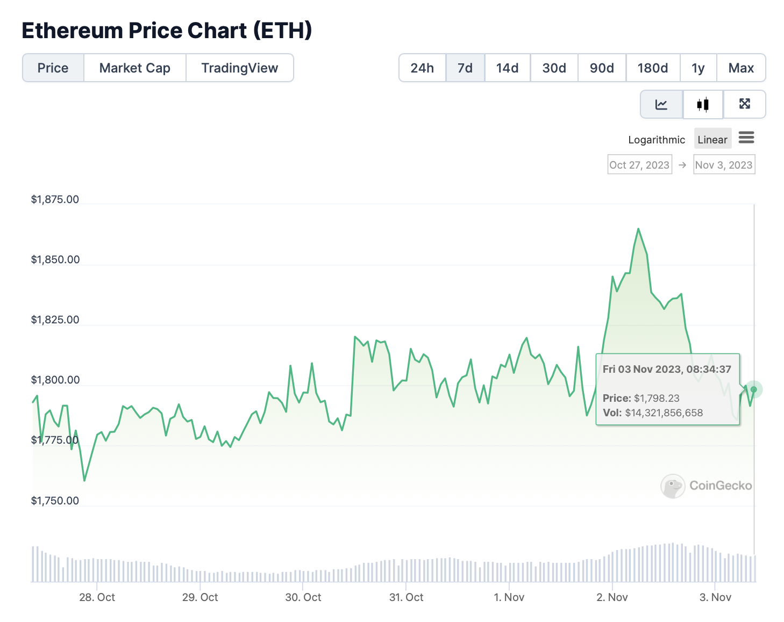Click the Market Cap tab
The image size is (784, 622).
pyautogui.click(x=134, y=68)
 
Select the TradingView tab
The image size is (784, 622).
pyautogui.click(x=240, y=68)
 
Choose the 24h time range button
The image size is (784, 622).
pyautogui.click(x=422, y=68)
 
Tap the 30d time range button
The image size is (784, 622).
pyautogui.click(x=554, y=68)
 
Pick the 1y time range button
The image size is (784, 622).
pyautogui.click(x=698, y=68)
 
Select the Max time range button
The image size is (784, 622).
pyautogui.click(x=741, y=68)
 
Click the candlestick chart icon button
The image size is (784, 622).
pyautogui.click(x=703, y=104)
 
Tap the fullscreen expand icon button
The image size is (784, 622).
pyautogui.click(x=745, y=104)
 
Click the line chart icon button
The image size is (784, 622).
pyautogui.click(x=661, y=104)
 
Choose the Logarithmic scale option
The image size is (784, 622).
pyautogui.click(x=657, y=140)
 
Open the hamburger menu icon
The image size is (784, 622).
pyautogui.click(x=746, y=138)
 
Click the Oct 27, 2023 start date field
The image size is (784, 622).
pyautogui.click(x=639, y=165)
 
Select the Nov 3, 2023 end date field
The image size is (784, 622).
pyautogui.click(x=724, y=165)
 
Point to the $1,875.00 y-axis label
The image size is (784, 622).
pyautogui.click(x=55, y=199)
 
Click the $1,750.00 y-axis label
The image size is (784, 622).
pyautogui.click(x=55, y=501)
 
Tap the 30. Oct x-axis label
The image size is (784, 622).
pyautogui.click(x=303, y=597)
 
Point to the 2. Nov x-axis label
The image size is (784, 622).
pyautogui.click(x=612, y=597)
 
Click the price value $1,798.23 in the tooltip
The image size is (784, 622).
pyautogui.click(x=657, y=398)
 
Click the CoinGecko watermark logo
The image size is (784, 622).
pyautogui.click(x=673, y=486)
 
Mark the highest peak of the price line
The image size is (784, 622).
pyautogui.click(x=638, y=229)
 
